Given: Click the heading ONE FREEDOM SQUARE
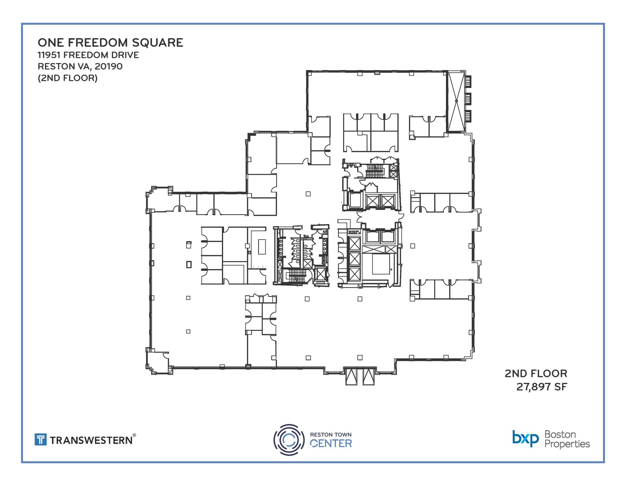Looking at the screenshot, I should (x=110, y=43).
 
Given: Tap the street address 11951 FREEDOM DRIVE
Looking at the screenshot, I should (x=88, y=55).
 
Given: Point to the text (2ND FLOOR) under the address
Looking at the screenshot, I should (x=68, y=78).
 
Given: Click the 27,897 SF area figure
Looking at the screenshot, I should (x=542, y=387).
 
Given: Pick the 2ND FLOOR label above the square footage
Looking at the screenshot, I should (x=536, y=373).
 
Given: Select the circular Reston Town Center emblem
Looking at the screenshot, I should (x=289, y=440).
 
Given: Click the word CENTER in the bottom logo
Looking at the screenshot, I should (x=331, y=443).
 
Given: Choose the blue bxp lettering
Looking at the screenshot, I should (x=525, y=439).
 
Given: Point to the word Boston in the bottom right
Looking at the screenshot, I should (x=560, y=434).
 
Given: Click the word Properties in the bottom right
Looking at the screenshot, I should (x=567, y=444).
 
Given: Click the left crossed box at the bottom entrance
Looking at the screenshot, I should (x=351, y=376).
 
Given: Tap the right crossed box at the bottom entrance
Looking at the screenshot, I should (x=368, y=376).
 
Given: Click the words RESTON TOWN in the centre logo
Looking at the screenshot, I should (x=331, y=435).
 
